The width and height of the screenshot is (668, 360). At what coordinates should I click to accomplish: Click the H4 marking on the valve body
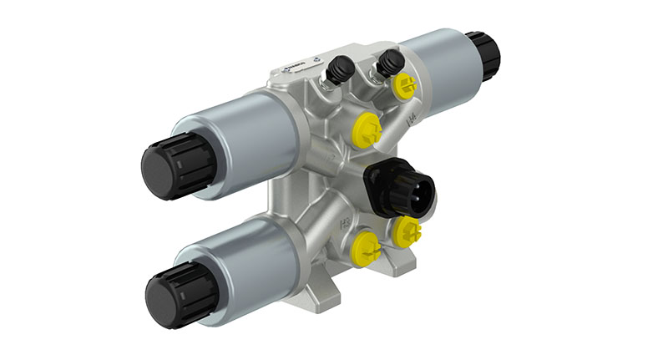(x=411, y=123)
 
